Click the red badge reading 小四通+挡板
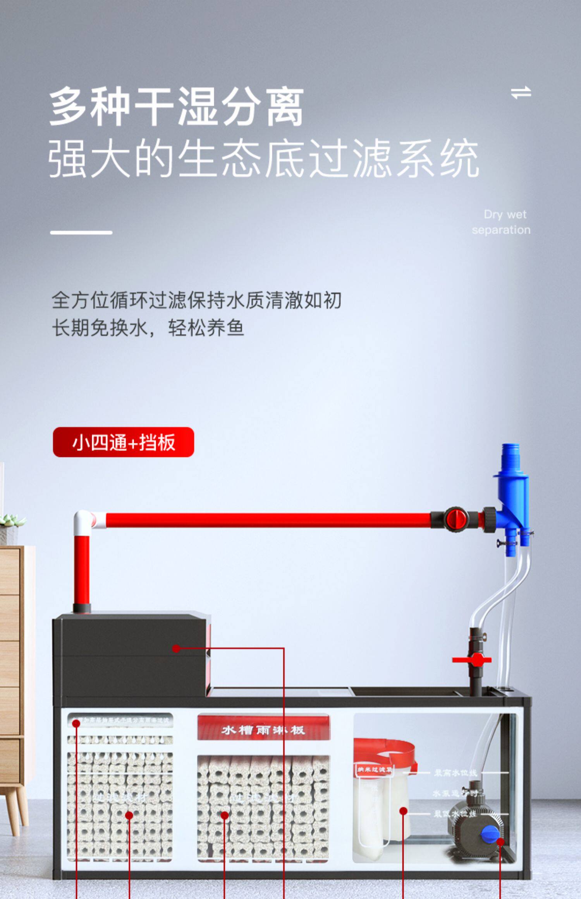[123, 442]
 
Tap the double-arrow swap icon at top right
[521, 93]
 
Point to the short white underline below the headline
[81, 232]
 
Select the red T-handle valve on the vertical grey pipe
[472, 660]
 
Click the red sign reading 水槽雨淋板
[263, 730]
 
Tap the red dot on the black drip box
[176, 648]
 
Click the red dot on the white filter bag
[403, 810]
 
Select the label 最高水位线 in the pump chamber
[455, 773]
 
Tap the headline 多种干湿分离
[176, 106]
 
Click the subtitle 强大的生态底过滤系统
[263, 159]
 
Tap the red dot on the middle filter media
[225, 815]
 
